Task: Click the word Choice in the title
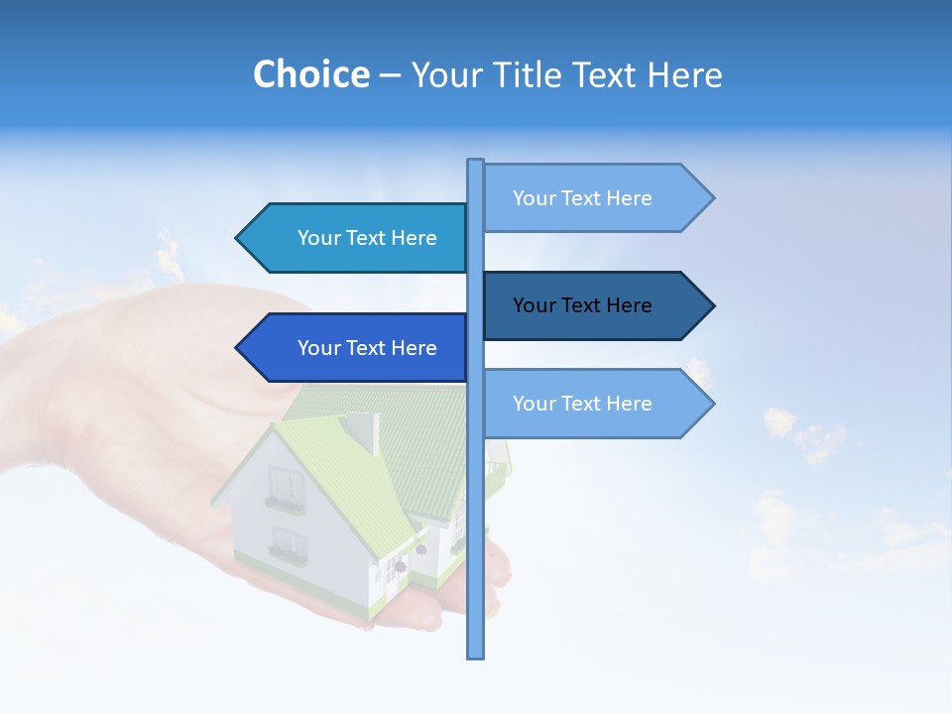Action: click(x=310, y=74)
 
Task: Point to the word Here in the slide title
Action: click(x=685, y=74)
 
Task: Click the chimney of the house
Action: click(x=361, y=431)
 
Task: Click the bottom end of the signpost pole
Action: click(x=475, y=654)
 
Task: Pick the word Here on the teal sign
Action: click(x=415, y=238)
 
